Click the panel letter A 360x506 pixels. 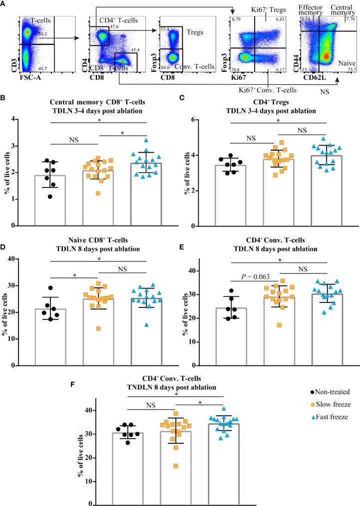pos(4,3)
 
